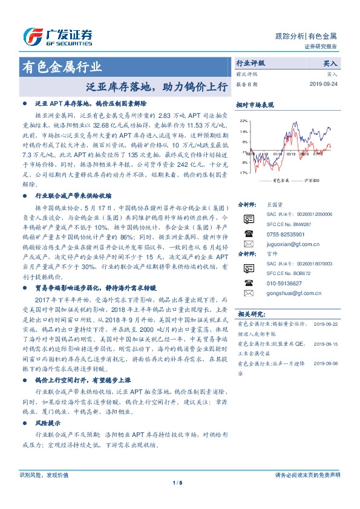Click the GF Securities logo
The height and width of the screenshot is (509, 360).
click(57, 37)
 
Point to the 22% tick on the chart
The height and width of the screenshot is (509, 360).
click(244, 121)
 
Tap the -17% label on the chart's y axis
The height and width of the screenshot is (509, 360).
click(243, 173)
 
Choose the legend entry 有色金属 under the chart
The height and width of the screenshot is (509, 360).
click(281, 181)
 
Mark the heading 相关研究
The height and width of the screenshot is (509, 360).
click(250, 314)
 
